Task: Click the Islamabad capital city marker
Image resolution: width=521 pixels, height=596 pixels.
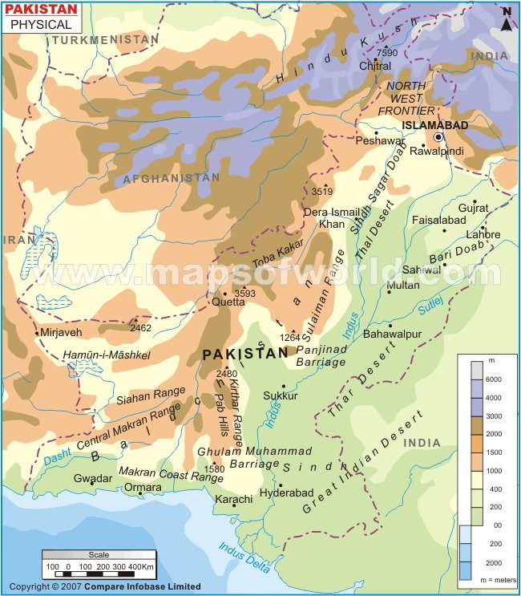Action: point(438,137)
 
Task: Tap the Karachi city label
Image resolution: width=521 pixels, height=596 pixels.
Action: point(234,499)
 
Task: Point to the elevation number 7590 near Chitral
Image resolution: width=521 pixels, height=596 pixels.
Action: point(387,53)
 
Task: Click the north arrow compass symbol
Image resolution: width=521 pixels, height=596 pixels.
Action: point(507,19)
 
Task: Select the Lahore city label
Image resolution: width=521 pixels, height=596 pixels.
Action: point(483,235)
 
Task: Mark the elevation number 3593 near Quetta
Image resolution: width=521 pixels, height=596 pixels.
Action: point(245,294)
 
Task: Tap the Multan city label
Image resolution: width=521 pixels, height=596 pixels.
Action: point(402,285)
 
